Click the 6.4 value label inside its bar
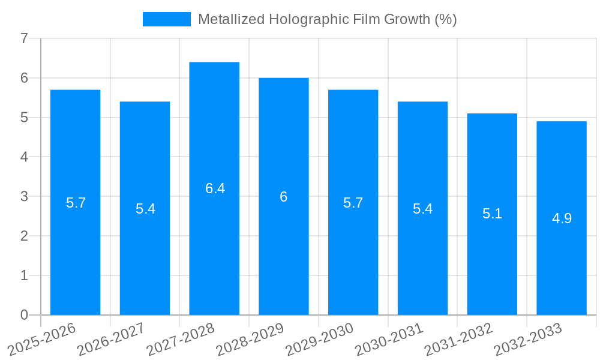pyautogui.click(x=215, y=188)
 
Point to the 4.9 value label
pyautogui.click(x=562, y=218)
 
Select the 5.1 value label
pyautogui.click(x=492, y=214)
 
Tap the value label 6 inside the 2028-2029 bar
pyautogui.click(x=284, y=197)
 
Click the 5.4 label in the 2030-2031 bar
pyautogui.click(x=422, y=209)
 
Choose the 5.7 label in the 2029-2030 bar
pyautogui.click(x=353, y=203)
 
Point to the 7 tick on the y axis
pyautogui.click(x=24, y=39)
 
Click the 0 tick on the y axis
pyautogui.click(x=24, y=315)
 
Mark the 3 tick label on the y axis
pyautogui.click(x=24, y=197)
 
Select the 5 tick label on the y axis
pyautogui.click(x=24, y=118)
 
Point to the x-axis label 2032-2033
pyautogui.click(x=527, y=338)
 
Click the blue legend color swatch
pyautogui.click(x=166, y=19)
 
